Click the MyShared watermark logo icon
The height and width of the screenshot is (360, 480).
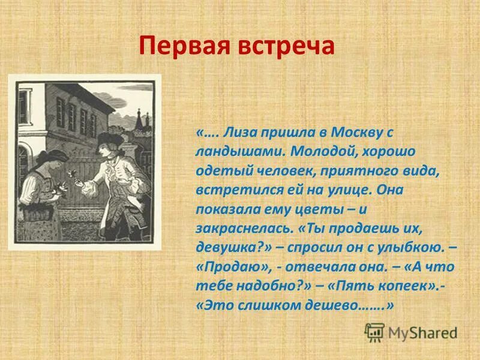click(375, 331)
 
